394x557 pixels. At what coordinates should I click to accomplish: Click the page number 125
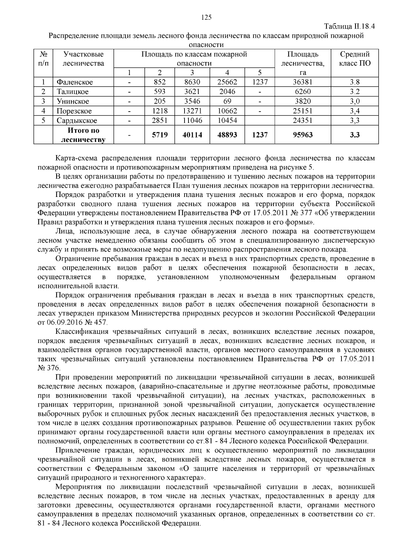click(206, 18)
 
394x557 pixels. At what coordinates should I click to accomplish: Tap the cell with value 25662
click(227, 82)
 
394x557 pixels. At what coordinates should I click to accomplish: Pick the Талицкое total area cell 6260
click(303, 92)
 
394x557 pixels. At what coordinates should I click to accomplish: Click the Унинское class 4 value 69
click(227, 101)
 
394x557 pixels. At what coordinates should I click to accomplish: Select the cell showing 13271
click(192, 111)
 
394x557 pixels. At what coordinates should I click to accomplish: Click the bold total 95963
click(303, 135)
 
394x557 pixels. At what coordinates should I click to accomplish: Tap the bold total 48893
click(227, 135)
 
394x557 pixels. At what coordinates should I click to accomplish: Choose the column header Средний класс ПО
click(355, 59)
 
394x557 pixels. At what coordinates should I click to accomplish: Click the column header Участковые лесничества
click(83, 59)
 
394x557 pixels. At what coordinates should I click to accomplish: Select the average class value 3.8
click(355, 82)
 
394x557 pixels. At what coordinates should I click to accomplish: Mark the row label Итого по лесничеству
click(83, 135)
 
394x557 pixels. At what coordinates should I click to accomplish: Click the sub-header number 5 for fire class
click(259, 73)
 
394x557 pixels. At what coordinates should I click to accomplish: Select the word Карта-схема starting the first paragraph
click(75, 158)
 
